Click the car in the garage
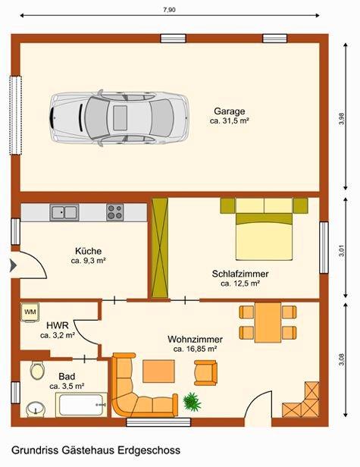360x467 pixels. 118,118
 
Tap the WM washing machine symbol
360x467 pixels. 30,312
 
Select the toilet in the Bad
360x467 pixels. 37,371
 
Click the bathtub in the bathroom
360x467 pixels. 81,405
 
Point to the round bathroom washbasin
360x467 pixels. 36,409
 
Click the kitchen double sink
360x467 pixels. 64,212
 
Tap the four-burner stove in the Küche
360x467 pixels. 115,212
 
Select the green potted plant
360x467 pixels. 192,402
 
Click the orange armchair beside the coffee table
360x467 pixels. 205,372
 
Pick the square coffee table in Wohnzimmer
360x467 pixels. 158,371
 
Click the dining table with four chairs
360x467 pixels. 268,322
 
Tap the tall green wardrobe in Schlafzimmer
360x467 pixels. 160,248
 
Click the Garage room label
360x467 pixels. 230,111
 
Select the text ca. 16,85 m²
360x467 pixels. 195,349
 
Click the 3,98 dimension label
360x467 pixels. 342,118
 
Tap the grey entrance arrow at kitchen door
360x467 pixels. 13,265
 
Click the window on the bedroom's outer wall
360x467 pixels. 324,247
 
